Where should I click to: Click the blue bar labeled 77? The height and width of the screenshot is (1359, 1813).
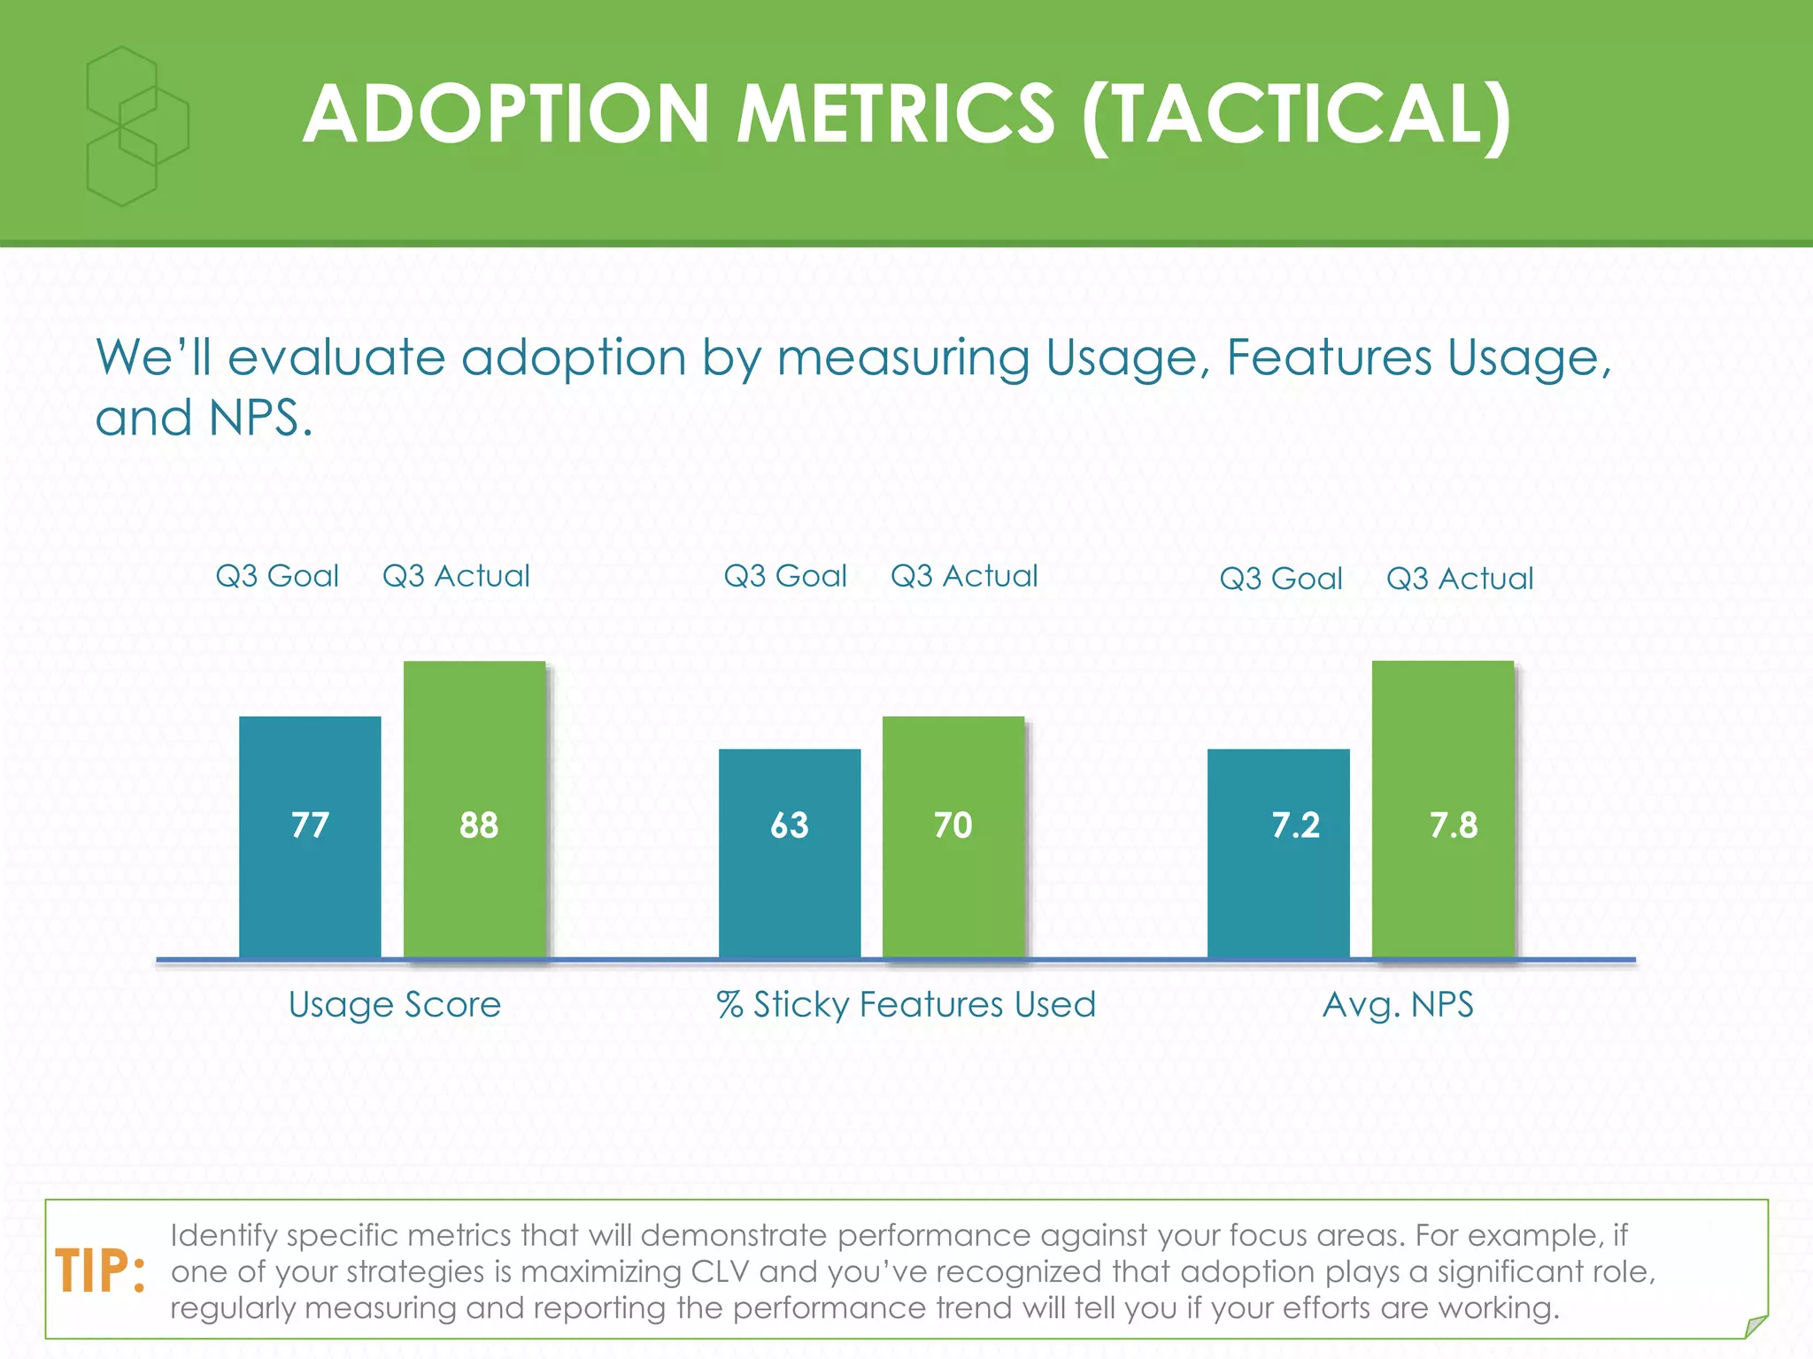(310, 836)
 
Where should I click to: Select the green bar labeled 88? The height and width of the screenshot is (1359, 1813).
(474, 810)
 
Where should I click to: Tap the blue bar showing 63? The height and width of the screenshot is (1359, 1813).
(790, 854)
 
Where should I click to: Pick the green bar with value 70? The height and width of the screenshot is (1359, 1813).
(953, 836)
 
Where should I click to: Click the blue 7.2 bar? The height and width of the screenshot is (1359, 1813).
(1278, 854)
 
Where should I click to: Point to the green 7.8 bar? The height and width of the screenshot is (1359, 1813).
(1443, 810)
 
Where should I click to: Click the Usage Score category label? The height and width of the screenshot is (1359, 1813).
(395, 1005)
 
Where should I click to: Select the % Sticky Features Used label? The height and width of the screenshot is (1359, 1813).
(906, 1005)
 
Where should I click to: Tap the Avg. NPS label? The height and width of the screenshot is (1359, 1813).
(1398, 1005)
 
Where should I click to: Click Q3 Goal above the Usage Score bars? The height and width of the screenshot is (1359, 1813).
(277, 576)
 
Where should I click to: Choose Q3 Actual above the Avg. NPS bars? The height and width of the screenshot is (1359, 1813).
(1460, 579)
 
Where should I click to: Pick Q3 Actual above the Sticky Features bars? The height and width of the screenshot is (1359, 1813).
(964, 576)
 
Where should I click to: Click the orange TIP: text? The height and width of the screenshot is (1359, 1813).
(100, 1271)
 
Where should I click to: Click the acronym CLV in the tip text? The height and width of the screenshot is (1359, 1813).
(720, 1271)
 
